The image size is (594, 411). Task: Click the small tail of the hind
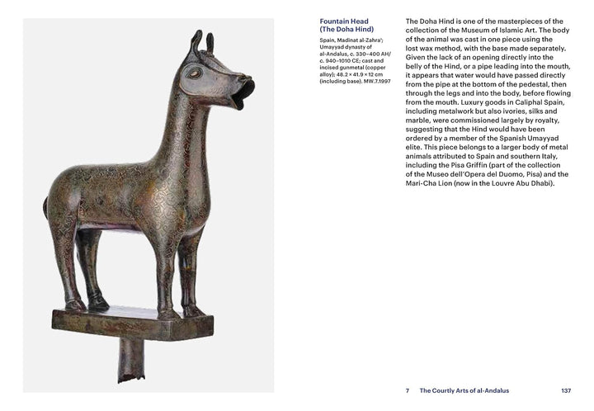47,205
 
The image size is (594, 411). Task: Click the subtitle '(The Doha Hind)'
347,31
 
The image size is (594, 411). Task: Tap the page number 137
566,390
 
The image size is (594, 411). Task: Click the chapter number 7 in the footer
408,390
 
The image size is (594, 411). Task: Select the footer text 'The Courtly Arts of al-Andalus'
464,390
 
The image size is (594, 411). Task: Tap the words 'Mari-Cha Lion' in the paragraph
436,183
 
